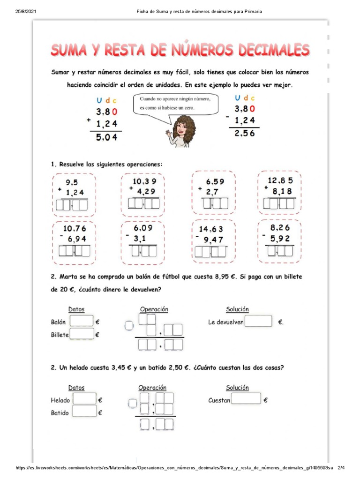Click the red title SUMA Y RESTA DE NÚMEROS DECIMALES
coord(180,50)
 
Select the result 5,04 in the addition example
coord(107,137)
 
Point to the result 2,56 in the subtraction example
coord(246,133)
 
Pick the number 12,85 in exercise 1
coord(280,180)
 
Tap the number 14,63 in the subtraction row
coord(211,229)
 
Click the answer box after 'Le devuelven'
coord(258,322)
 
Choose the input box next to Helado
coord(84,399)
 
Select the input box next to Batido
coord(84,412)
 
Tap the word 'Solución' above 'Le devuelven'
coord(237,309)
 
